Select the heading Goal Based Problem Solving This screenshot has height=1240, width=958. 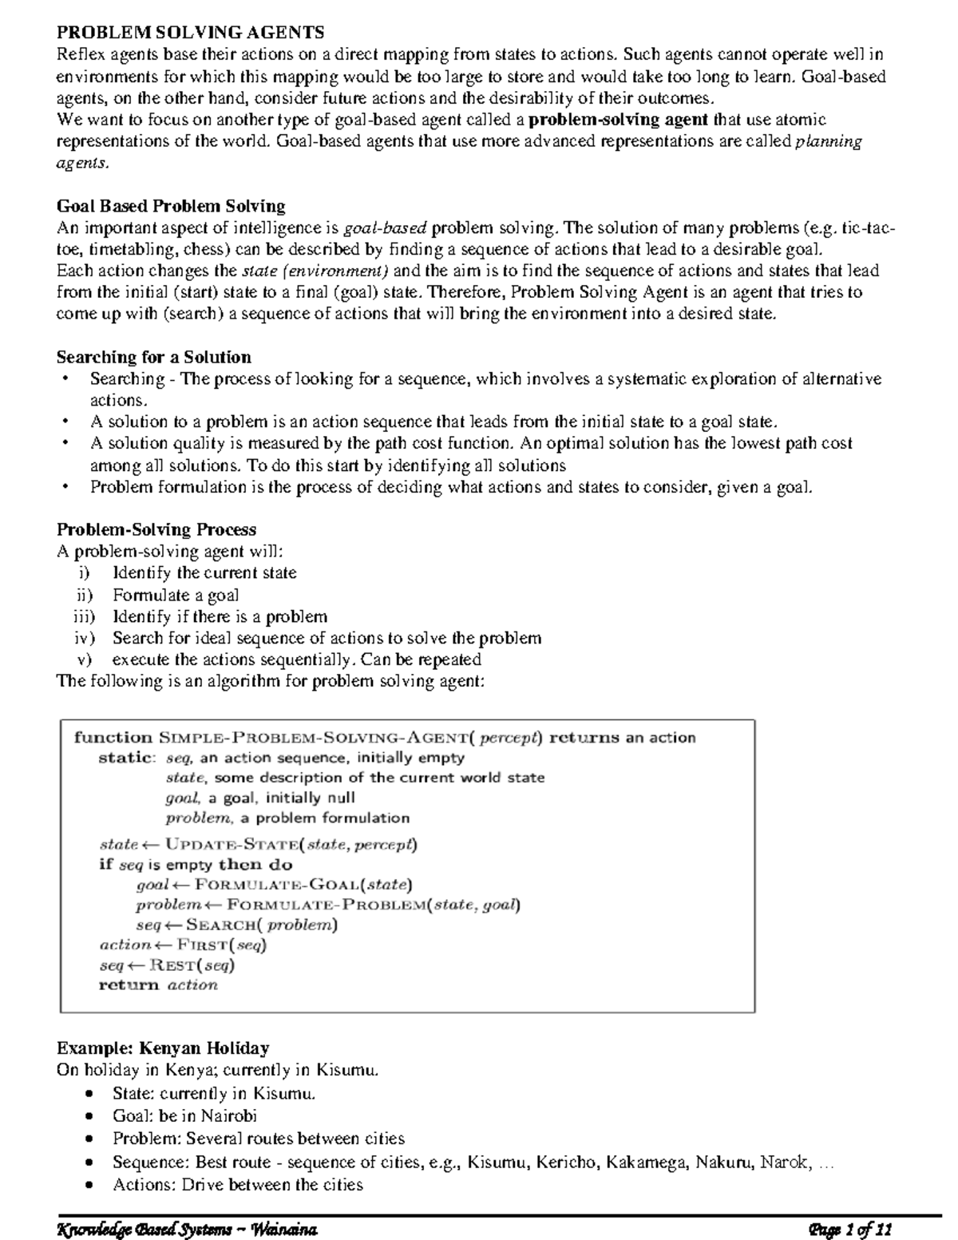pos(171,206)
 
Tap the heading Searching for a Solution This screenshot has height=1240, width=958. pos(153,357)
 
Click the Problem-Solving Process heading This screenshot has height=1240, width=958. pos(156,529)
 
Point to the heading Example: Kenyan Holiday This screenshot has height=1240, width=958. pos(163,1048)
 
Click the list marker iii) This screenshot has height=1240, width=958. pos(84,616)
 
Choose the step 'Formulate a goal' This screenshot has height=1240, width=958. pos(176,595)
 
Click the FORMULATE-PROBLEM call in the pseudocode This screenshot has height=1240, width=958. pos(327,905)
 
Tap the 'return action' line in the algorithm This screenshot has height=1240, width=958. pos(157,985)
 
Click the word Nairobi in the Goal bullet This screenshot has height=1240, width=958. pos(228,1115)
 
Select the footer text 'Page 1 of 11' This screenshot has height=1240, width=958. pos(849,1228)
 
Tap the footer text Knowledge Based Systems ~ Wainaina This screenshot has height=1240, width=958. pos(188,1228)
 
